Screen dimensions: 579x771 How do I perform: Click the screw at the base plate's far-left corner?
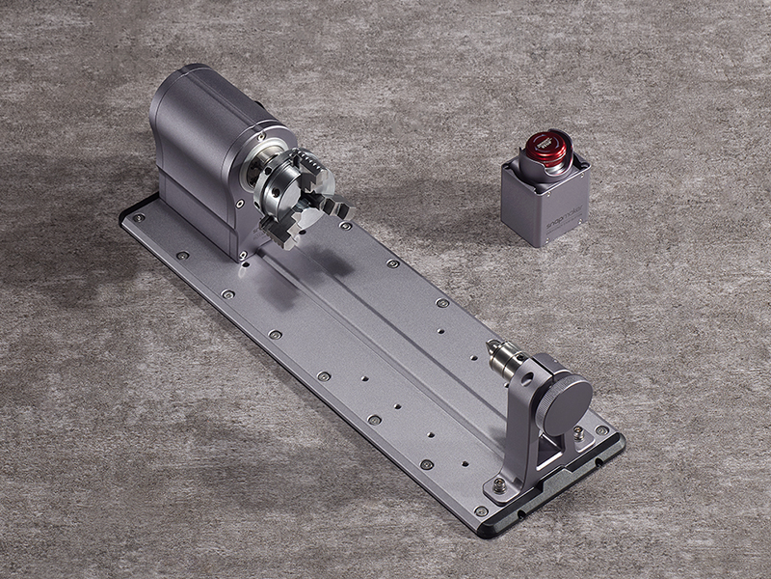point(139,218)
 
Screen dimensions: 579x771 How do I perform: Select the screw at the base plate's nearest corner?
point(480,510)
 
